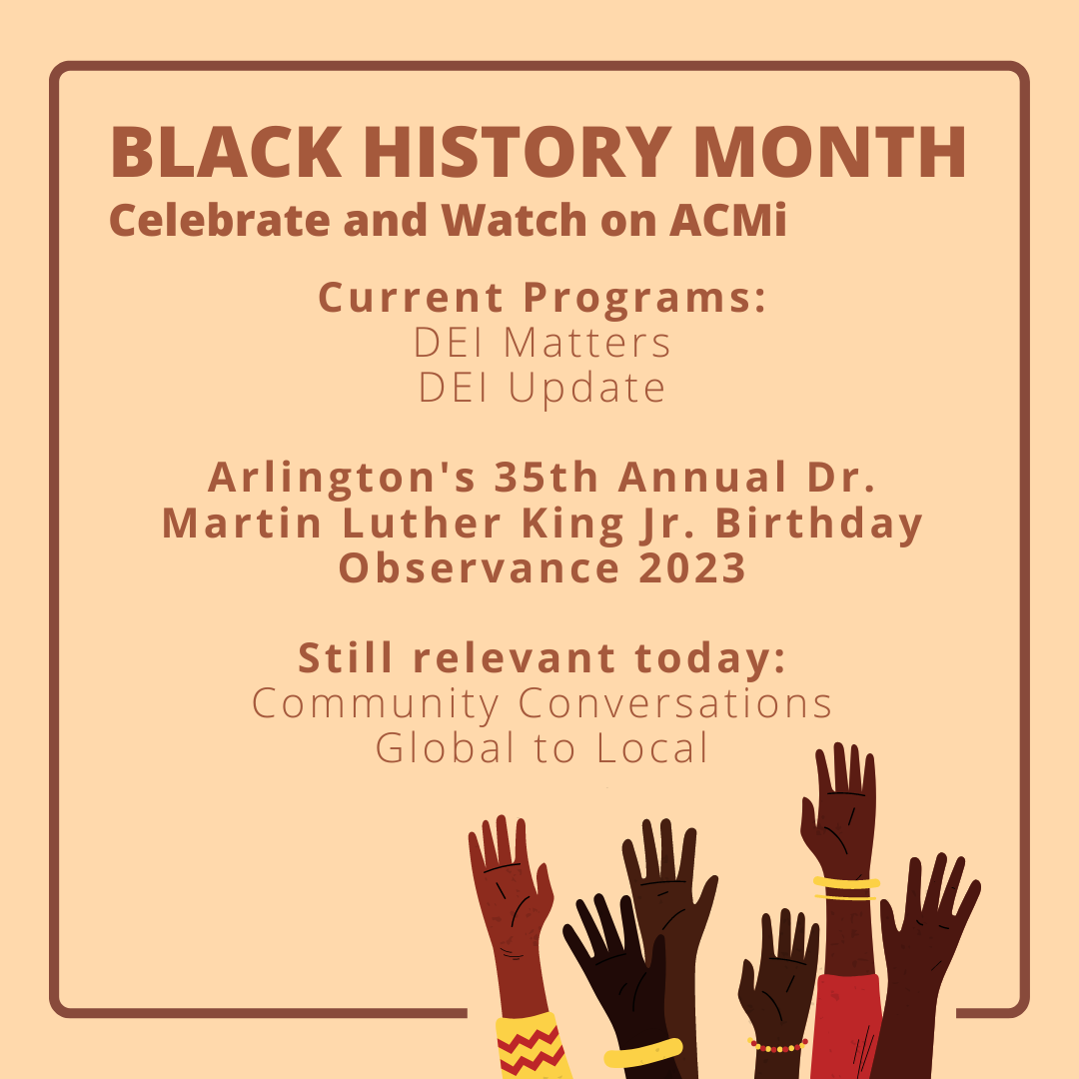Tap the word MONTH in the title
(x=830, y=152)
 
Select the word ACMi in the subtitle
(x=727, y=220)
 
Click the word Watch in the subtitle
(x=514, y=220)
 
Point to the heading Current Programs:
(x=541, y=298)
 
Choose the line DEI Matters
(x=541, y=343)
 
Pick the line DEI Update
(x=541, y=389)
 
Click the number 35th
(x=545, y=477)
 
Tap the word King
(x=572, y=525)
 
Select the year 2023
(x=692, y=568)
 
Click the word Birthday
(x=818, y=525)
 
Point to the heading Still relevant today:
(x=541, y=657)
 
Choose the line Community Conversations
(x=541, y=704)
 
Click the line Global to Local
(x=541, y=748)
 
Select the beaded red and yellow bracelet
(x=777, y=1046)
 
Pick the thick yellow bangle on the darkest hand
(x=643, y=1053)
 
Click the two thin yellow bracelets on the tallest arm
(x=846, y=889)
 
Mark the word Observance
(x=479, y=568)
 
